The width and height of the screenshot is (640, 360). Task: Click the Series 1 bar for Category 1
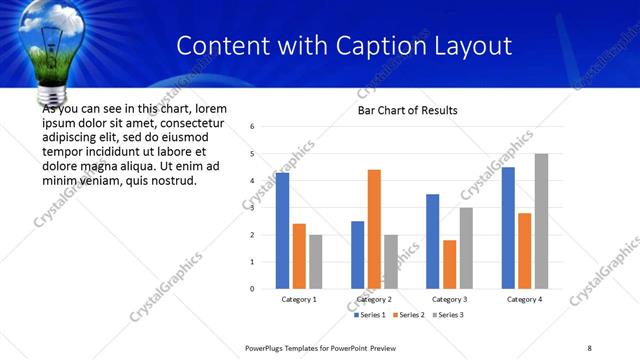coord(282,231)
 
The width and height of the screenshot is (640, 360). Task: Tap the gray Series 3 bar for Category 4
coord(541,221)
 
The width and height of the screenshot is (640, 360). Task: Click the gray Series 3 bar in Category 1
coord(316,262)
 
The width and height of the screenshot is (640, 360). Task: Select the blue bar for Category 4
coord(508,228)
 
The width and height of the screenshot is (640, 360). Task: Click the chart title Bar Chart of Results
coord(408,110)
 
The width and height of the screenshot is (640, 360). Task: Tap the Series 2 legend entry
coord(411,315)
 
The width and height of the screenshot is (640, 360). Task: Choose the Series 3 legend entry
coord(448,315)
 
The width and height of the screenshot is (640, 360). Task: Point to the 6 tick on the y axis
coord(253,127)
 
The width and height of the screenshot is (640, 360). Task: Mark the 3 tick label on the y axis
coord(253,208)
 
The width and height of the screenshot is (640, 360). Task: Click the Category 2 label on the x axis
coord(374,299)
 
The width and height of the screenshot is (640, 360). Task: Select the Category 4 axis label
coord(524,299)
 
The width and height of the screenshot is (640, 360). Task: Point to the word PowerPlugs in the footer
coord(267,348)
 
